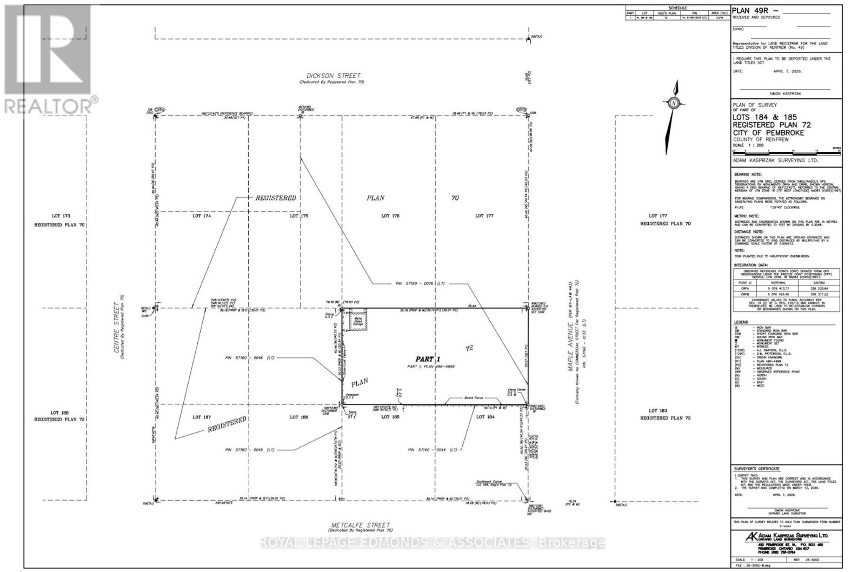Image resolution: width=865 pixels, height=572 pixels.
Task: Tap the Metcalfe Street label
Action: tap(360, 525)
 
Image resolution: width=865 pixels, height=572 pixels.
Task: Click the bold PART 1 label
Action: tap(428, 359)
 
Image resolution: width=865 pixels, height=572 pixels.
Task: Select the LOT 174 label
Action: tap(202, 216)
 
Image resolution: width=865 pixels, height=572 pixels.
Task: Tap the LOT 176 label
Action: tap(390, 216)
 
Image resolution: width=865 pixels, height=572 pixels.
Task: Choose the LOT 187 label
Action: tap(201, 417)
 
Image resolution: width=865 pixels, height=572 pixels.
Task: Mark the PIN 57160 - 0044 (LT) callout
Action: tap(432, 450)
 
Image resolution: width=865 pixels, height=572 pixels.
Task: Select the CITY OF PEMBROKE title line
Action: tap(768, 133)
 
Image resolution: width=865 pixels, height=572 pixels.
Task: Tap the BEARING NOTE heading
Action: tap(747, 175)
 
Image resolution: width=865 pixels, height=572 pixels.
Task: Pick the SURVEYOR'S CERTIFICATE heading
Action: tap(756, 469)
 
